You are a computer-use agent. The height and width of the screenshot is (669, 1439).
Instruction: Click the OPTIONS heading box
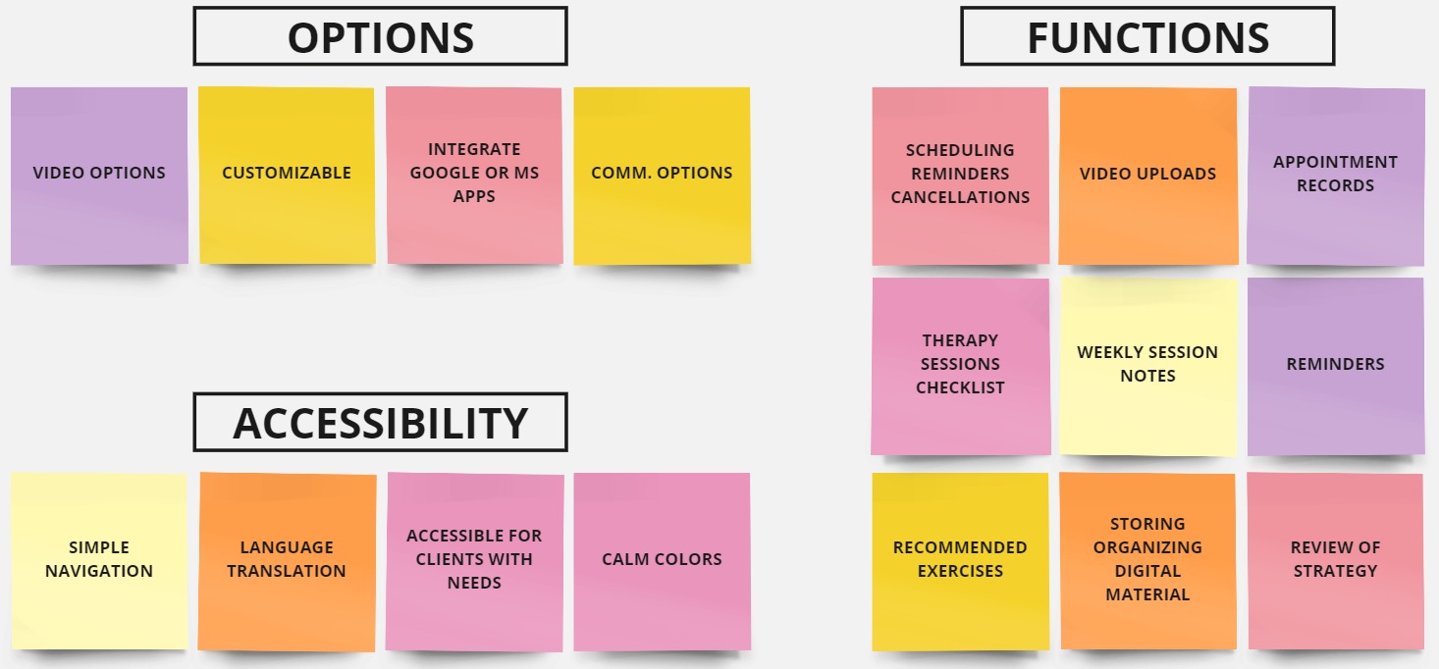click(x=380, y=36)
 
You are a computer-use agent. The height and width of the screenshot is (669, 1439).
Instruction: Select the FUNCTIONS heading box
click(x=1147, y=36)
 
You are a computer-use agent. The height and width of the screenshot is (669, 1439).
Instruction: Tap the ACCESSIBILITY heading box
click(x=380, y=422)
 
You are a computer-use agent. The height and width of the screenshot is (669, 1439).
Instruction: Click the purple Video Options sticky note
click(x=99, y=176)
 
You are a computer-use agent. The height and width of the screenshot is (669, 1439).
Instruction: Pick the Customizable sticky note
click(x=287, y=176)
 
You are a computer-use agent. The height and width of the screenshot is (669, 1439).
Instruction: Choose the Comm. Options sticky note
click(x=662, y=176)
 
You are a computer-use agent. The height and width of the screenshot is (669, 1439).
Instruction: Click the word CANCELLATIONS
click(x=960, y=197)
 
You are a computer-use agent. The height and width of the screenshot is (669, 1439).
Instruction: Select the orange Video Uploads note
click(x=1148, y=176)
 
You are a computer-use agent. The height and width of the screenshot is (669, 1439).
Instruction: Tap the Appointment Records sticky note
click(x=1336, y=176)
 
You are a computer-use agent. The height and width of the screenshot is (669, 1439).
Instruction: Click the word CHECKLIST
click(x=960, y=387)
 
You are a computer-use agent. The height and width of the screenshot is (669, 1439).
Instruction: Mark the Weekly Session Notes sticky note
click(x=1148, y=367)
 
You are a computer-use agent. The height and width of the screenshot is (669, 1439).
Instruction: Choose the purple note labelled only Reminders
click(x=1336, y=367)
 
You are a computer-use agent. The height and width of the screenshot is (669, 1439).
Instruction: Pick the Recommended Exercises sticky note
click(x=960, y=562)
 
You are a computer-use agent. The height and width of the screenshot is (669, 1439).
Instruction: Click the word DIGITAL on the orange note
click(x=1148, y=571)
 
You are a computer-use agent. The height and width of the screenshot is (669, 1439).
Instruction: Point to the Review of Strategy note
click(x=1336, y=562)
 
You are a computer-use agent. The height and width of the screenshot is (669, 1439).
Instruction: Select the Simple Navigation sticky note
click(x=99, y=561)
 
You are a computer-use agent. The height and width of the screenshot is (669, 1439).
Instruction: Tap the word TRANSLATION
click(x=287, y=571)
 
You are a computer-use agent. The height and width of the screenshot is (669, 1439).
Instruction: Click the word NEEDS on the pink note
click(x=474, y=583)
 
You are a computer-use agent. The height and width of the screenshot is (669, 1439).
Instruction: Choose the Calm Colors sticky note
click(x=662, y=562)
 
